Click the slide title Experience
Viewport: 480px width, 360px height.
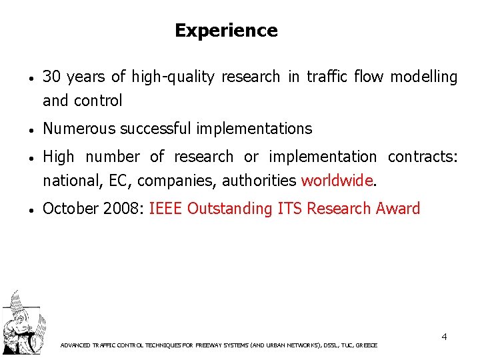click(x=226, y=31)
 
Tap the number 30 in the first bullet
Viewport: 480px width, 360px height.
click(x=51, y=77)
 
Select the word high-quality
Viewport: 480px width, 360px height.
click(x=173, y=77)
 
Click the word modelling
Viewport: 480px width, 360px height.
click(x=424, y=77)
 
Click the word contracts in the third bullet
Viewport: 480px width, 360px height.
click(x=423, y=157)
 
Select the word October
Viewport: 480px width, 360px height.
click(x=70, y=209)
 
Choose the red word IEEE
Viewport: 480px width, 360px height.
click(x=166, y=209)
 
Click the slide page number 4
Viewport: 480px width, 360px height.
click(x=444, y=337)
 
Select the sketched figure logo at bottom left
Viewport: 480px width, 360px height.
click(x=21, y=323)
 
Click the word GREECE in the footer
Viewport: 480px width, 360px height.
click(x=367, y=345)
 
